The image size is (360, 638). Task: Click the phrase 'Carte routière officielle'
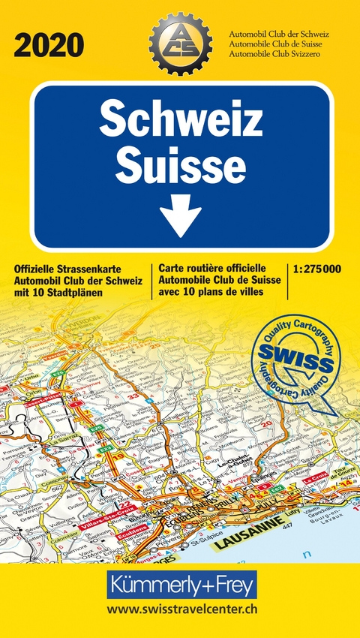(212, 268)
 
